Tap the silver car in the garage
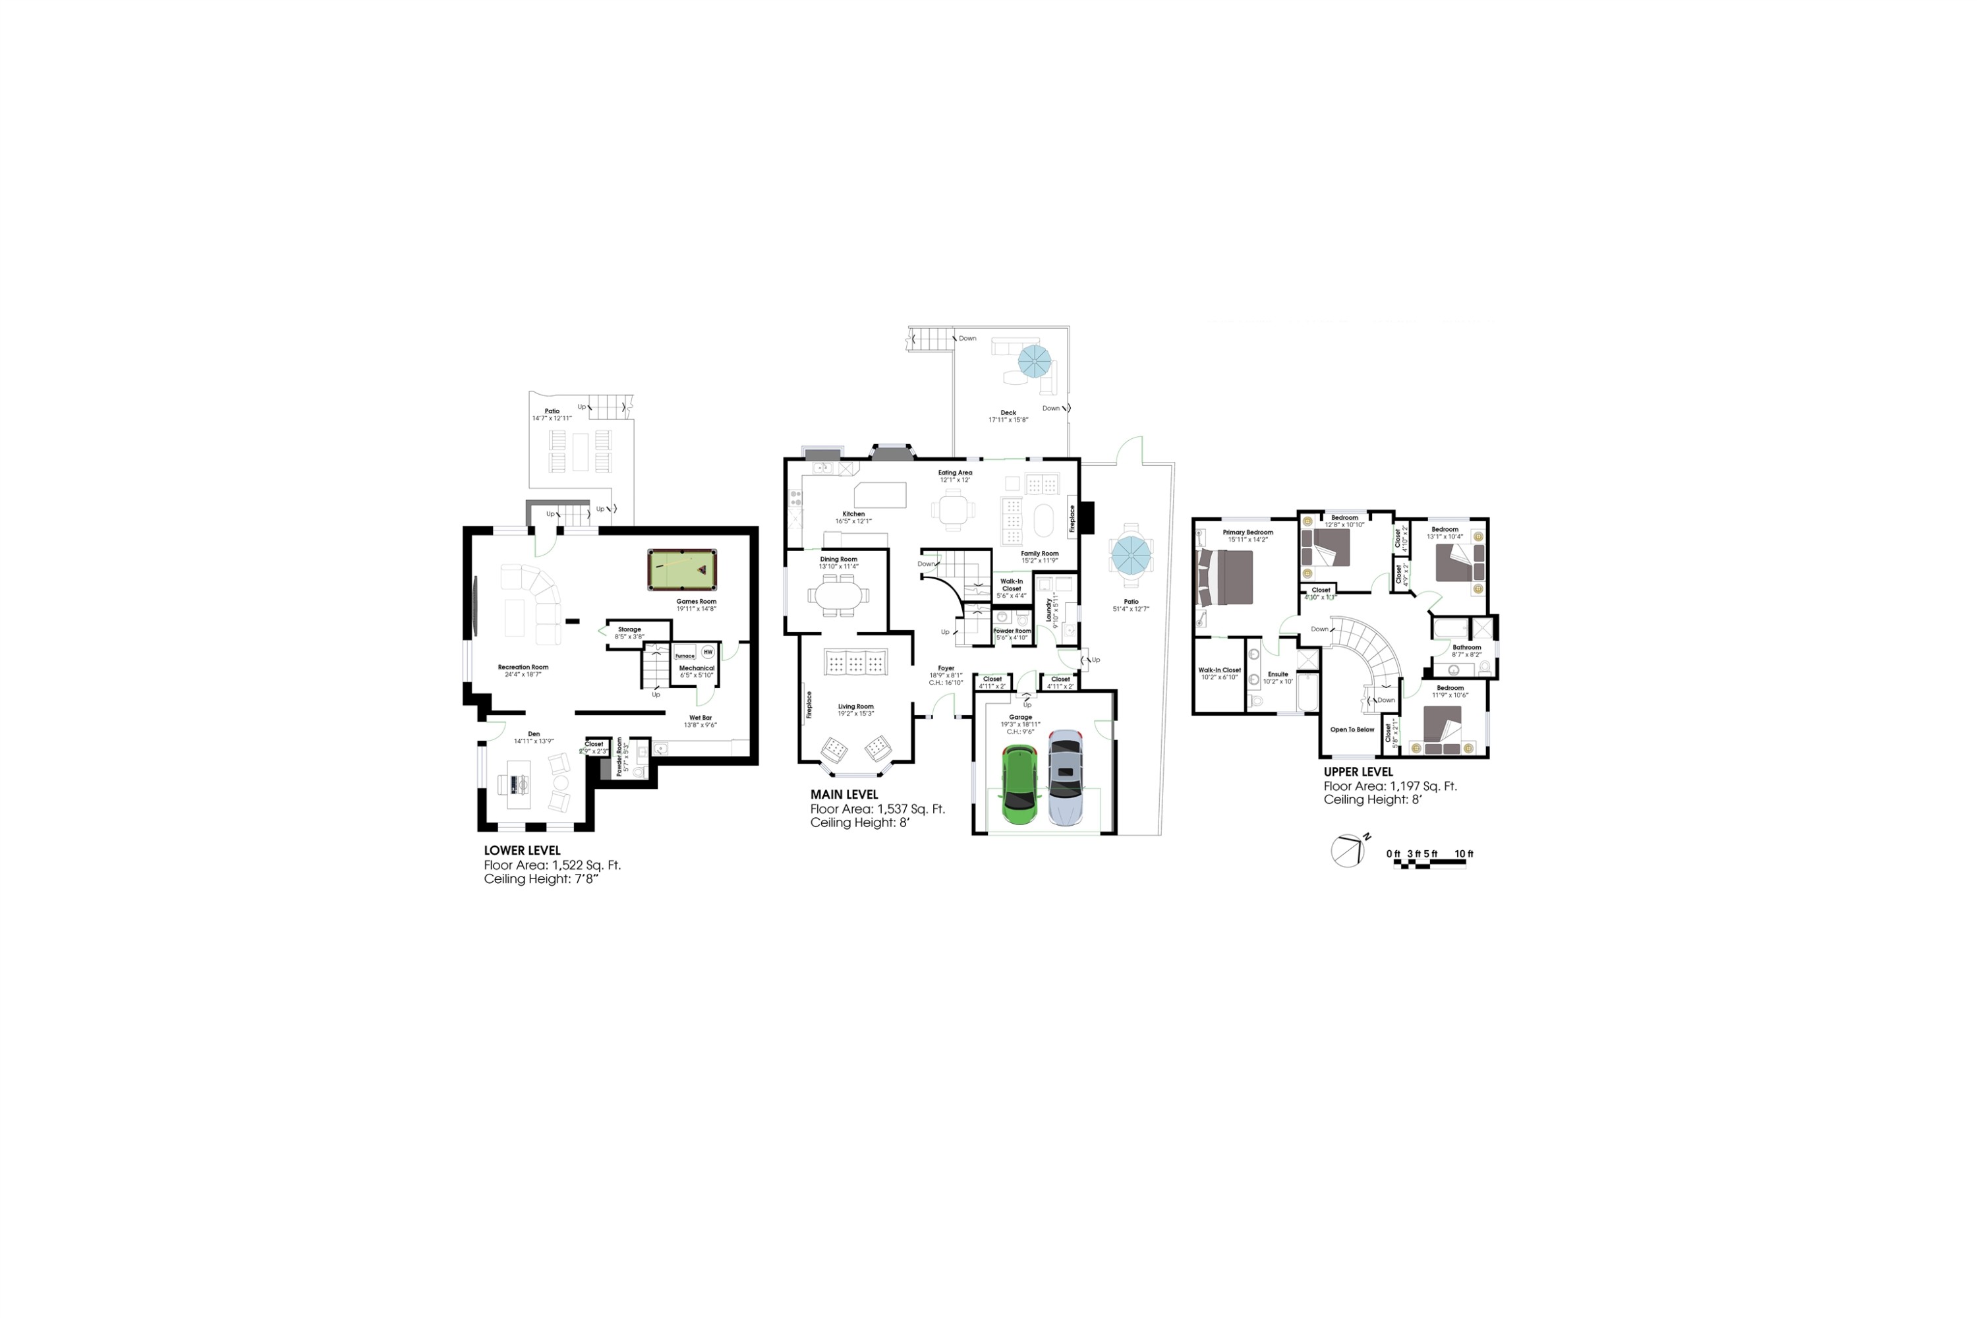[1065, 778]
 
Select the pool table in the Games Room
[681, 570]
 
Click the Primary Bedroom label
[1247, 532]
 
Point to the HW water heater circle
[708, 652]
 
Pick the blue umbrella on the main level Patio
[1131, 555]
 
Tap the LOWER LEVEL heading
[522, 851]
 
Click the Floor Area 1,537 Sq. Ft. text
[878, 809]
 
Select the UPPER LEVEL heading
[1358, 772]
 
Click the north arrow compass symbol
[1348, 851]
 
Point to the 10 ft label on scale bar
[1464, 854]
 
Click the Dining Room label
[838, 559]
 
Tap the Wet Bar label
[700, 718]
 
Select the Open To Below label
[1352, 730]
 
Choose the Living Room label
[855, 707]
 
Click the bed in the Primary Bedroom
[1226, 577]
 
